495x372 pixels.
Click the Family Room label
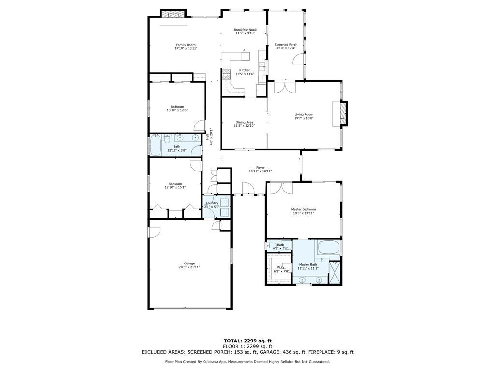point(186,45)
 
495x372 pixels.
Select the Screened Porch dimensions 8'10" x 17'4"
point(286,48)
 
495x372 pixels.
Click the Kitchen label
point(245,70)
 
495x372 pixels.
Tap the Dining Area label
point(244,122)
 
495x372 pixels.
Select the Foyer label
point(260,168)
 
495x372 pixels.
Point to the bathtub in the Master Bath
point(329,248)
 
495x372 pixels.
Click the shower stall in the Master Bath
point(335,273)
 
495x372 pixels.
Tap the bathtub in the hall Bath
point(156,145)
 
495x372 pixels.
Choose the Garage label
point(189,263)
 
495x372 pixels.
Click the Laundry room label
point(212,203)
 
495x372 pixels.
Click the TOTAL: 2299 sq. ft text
point(247,341)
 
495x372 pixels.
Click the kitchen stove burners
point(226,74)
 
